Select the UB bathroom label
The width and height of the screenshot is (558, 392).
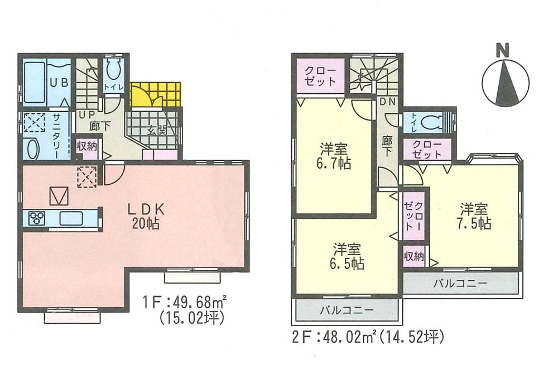59,82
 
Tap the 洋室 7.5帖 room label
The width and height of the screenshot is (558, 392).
475,217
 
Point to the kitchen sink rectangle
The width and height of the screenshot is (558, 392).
72,218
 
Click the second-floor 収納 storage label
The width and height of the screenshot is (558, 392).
414,256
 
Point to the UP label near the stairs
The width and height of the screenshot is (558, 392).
85,114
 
